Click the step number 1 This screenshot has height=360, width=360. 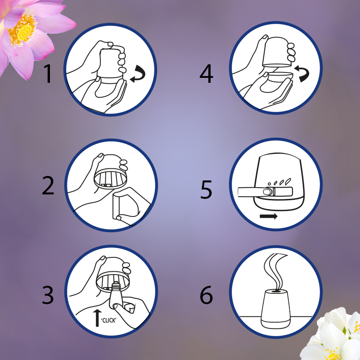48,73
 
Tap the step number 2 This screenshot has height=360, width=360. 48,185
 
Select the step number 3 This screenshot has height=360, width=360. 48,295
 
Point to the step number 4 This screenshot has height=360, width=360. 207,73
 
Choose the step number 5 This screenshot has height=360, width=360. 206,189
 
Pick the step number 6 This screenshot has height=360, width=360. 207,295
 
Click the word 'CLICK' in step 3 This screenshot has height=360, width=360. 109,320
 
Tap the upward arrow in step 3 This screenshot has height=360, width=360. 97,318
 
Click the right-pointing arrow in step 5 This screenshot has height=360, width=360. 269,216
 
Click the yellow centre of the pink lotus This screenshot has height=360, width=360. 24,32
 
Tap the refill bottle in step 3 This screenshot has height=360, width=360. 116,295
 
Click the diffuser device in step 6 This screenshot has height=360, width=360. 275,309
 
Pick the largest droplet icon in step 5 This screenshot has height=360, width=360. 288,181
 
